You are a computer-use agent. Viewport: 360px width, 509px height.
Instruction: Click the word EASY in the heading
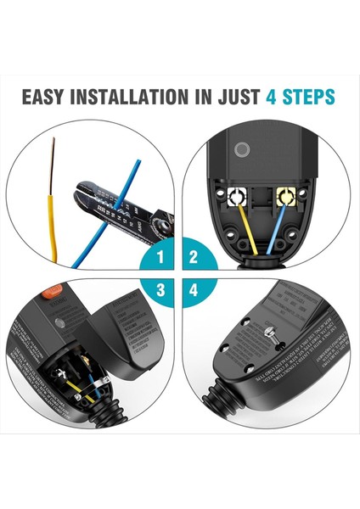[x=48, y=96]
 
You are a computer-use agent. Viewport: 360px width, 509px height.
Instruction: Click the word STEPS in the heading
[x=307, y=96]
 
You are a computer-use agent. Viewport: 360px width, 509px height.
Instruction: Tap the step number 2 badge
[x=194, y=256]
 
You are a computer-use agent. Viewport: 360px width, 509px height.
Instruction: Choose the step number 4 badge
[x=194, y=290]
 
